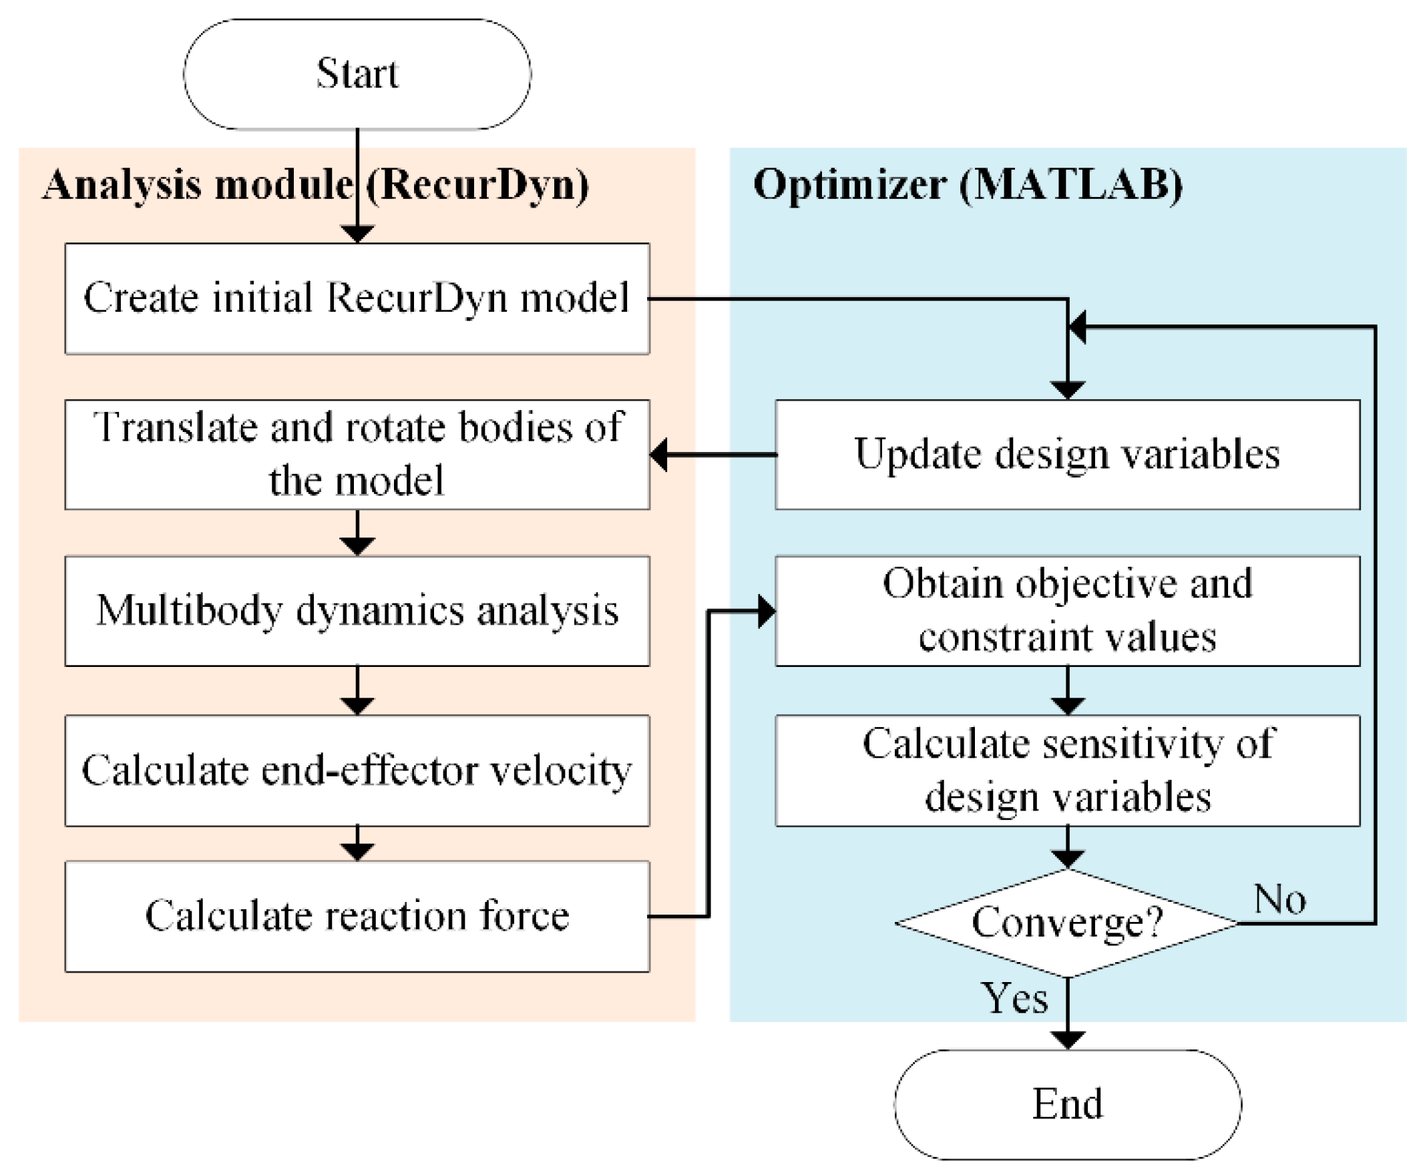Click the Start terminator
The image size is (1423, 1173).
357,73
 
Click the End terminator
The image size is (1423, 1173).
1067,1104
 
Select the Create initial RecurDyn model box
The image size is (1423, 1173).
357,298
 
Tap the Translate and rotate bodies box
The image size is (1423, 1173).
357,454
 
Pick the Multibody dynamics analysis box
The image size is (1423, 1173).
357,611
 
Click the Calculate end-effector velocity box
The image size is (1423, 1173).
357,770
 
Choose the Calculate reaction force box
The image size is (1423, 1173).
357,916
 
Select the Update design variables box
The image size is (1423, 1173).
1067,454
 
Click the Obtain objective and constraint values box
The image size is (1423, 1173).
1067,611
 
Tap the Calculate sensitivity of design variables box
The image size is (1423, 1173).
1067,770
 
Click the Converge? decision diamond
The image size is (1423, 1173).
1067,923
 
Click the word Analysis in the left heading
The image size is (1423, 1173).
122,184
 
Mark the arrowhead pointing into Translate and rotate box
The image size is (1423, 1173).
659,454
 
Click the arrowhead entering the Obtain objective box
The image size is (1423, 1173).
766,612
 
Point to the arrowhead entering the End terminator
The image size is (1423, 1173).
1067,1040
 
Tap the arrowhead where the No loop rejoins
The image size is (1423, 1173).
1077,327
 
